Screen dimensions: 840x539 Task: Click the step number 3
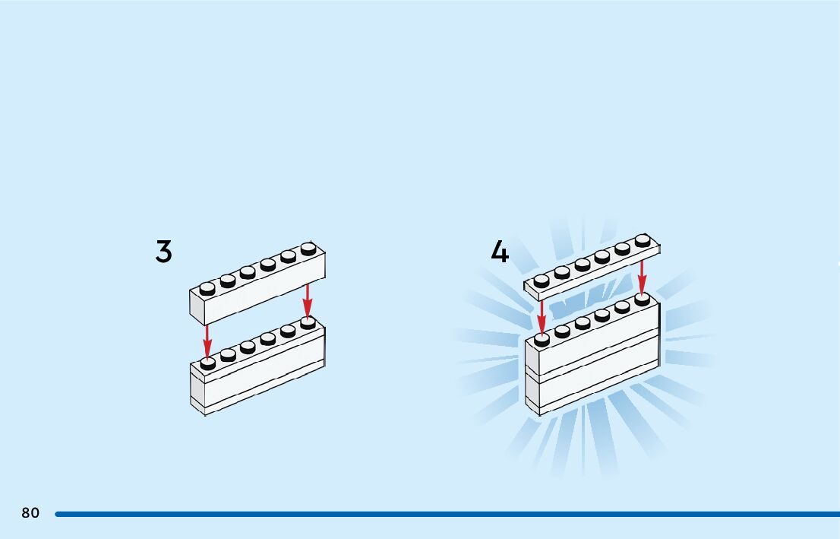click(x=163, y=252)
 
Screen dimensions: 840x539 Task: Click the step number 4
click(x=499, y=252)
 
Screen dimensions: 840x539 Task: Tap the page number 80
click(x=30, y=513)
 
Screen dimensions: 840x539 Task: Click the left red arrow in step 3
click(x=207, y=341)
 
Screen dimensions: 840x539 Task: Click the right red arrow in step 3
click(x=307, y=300)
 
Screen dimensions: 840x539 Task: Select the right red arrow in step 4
click(x=643, y=278)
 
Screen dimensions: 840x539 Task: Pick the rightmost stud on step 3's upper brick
click(x=308, y=248)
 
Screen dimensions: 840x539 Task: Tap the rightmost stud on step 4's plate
click(x=643, y=241)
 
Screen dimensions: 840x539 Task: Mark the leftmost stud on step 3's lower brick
click(x=207, y=363)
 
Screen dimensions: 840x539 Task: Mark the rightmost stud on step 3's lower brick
click(x=308, y=322)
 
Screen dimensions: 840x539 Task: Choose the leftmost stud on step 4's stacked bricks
click(x=542, y=339)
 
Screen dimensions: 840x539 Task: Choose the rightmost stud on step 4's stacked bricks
click(x=643, y=299)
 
